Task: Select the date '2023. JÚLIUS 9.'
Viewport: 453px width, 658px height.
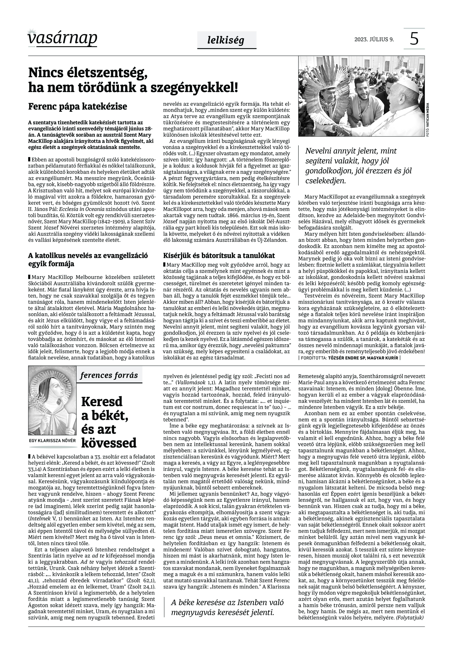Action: [x=374, y=39]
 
